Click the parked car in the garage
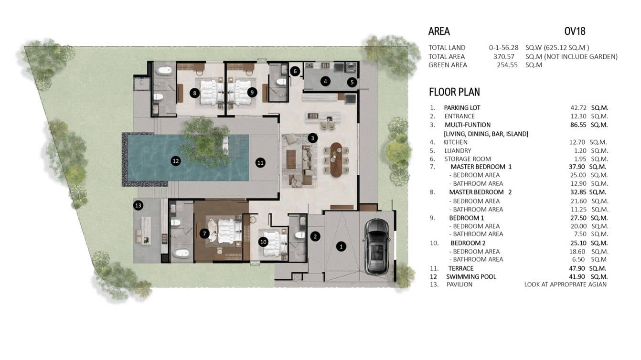(377, 246)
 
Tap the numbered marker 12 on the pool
(176, 161)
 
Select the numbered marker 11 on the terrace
(260, 162)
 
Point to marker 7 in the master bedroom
(204, 233)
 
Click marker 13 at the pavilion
(139, 205)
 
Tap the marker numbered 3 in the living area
(312, 138)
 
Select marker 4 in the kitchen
(325, 81)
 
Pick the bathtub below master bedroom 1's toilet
(181, 253)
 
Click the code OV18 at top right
(575, 32)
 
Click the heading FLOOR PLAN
(454, 92)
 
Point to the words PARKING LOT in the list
(462, 108)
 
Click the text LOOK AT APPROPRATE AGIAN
(566, 285)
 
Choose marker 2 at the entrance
(315, 236)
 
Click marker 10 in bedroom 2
(263, 242)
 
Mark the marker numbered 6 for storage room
(295, 71)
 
